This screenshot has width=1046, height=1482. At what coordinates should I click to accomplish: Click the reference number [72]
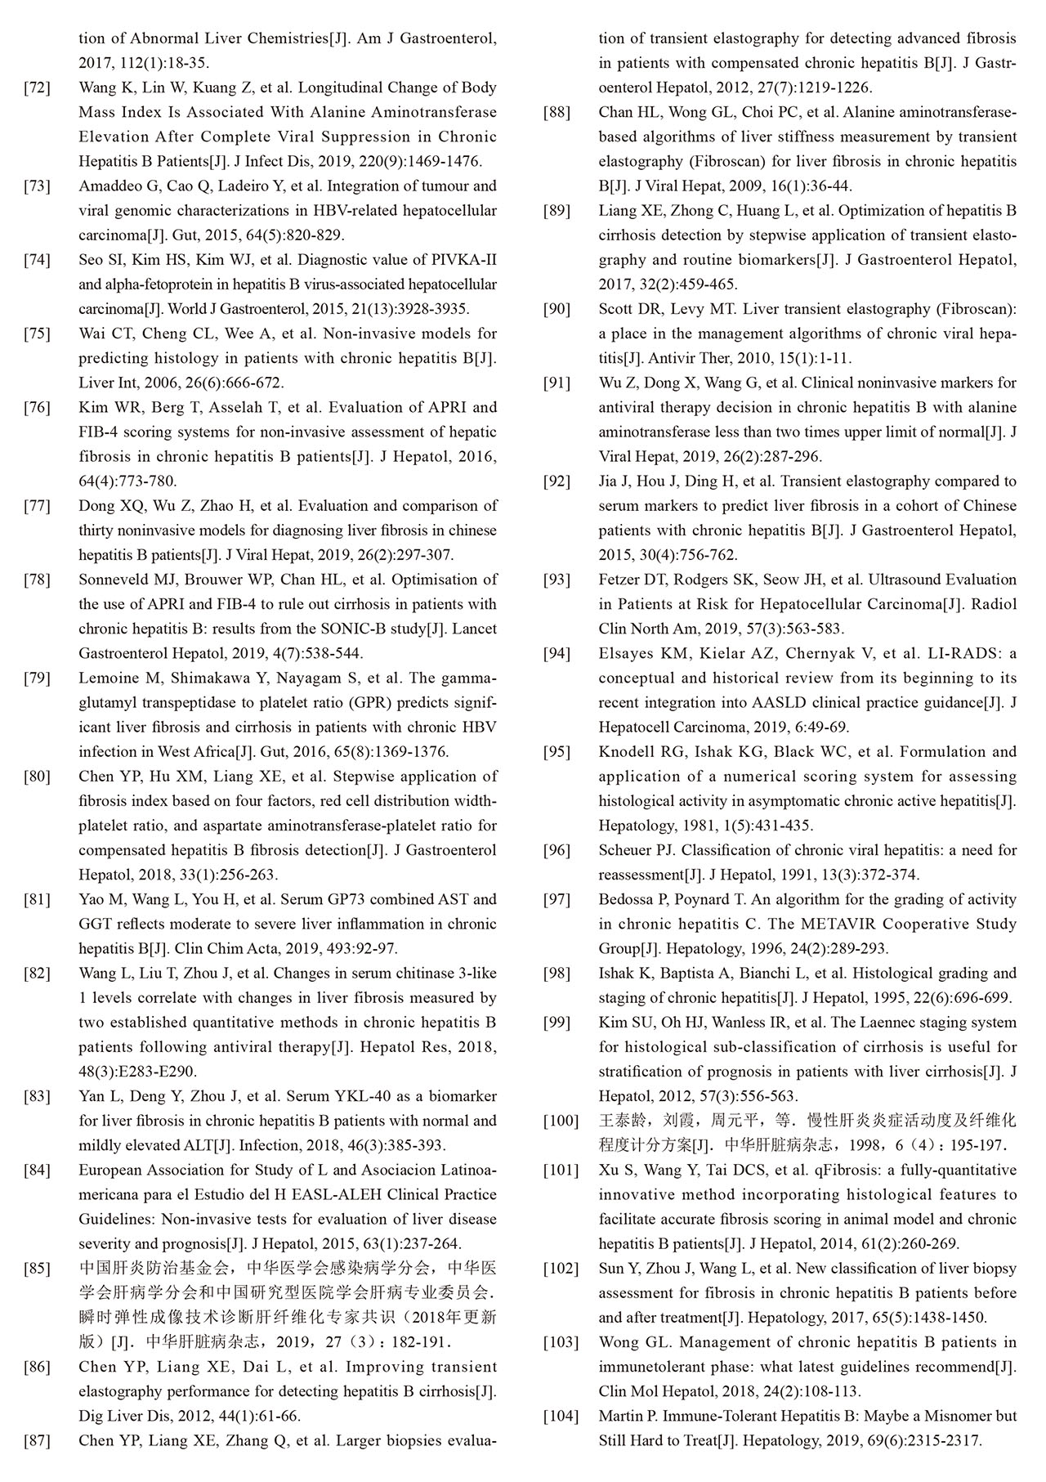(x=38, y=87)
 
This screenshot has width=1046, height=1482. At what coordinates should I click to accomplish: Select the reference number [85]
(x=38, y=1269)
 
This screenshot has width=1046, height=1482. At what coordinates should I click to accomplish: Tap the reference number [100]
(x=561, y=1121)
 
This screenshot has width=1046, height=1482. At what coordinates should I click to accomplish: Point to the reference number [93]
(x=557, y=580)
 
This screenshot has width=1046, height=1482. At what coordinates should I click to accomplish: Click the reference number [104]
(x=561, y=1416)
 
